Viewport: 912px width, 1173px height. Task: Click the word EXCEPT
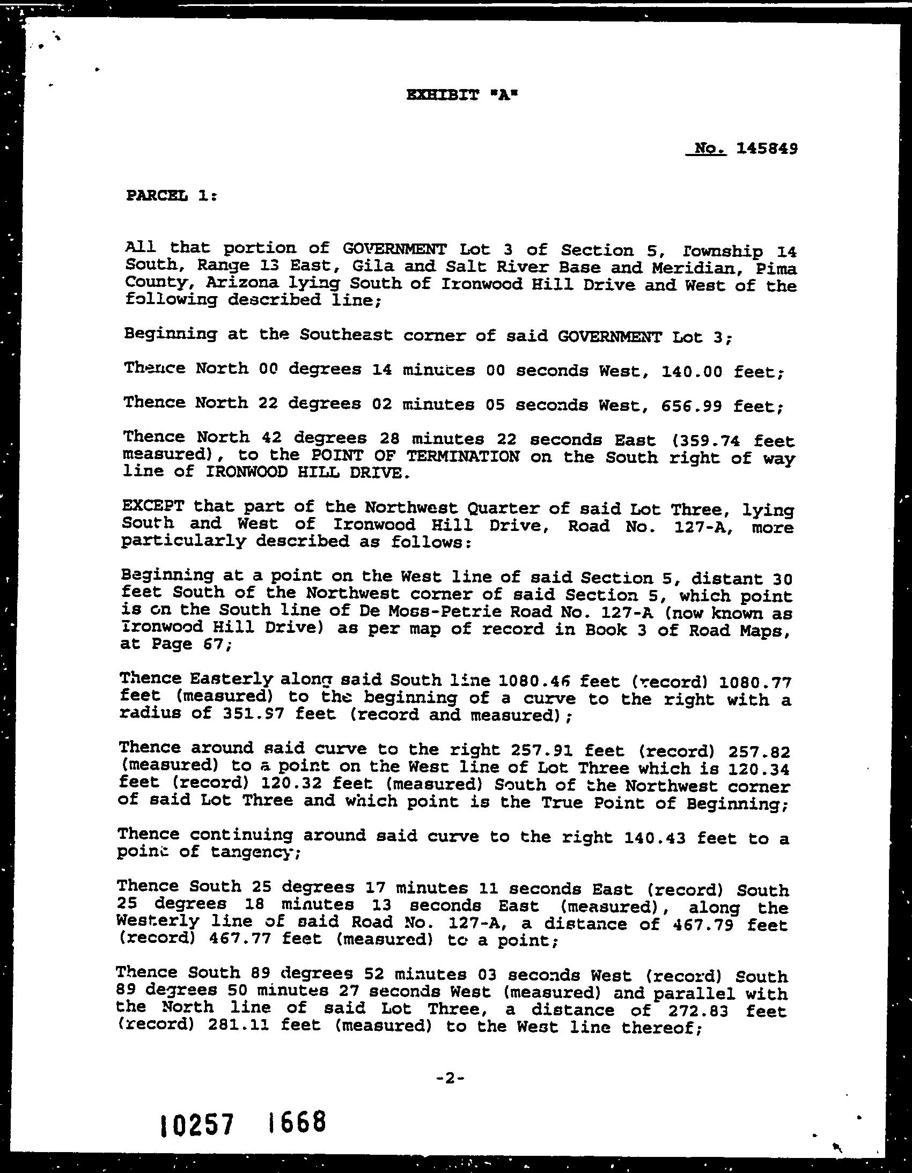click(153, 506)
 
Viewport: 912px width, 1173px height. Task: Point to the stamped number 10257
click(197, 1124)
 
